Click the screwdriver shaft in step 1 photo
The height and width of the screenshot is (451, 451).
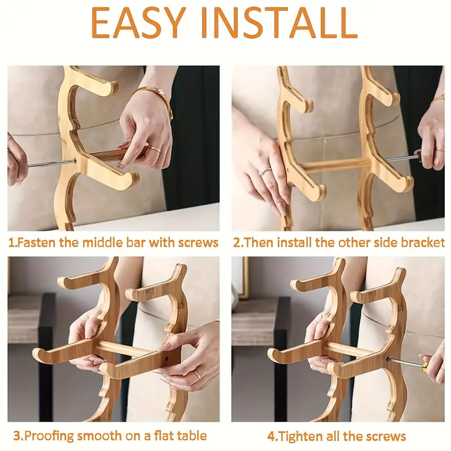coord(49,163)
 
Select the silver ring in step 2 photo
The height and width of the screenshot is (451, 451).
coord(265,171)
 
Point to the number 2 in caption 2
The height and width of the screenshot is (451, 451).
coord(237,242)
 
